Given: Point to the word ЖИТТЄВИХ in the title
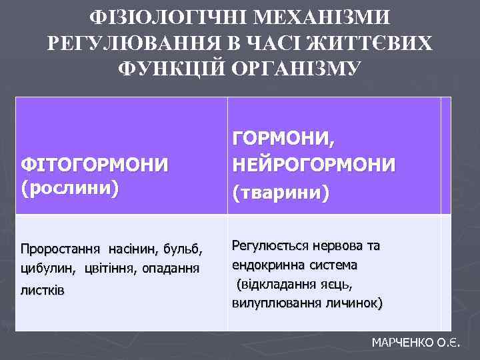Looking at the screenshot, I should pos(359,41).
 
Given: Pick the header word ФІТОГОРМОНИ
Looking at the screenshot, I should pos(94,163).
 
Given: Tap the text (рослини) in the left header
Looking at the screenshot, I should pos(70,187).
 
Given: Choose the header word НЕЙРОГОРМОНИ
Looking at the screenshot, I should pos(313,164).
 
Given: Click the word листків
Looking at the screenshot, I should pos(43,291).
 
